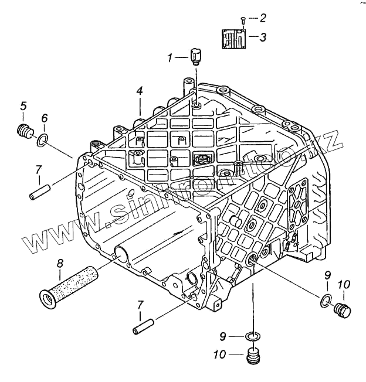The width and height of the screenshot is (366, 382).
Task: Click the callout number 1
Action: point(170,57)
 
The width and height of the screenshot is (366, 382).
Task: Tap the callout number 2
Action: point(263,18)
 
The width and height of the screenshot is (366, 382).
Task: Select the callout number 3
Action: point(263,38)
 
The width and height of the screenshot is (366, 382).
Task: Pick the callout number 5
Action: point(23,106)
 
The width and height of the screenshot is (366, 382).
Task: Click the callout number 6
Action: point(45,118)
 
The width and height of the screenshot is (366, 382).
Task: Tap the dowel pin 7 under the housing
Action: point(144,325)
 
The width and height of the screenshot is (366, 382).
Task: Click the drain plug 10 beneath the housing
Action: point(253,356)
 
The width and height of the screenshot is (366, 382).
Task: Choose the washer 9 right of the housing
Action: point(326,301)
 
